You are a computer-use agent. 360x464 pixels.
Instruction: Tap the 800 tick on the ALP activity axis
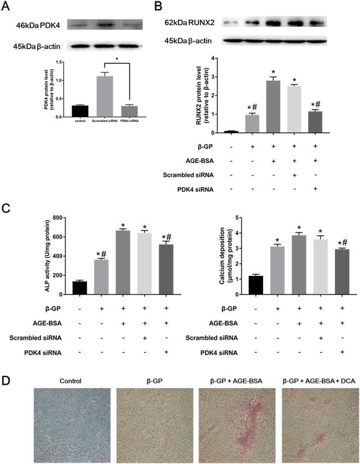click(x=56, y=218)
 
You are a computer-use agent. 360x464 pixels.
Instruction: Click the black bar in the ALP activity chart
click(x=80, y=288)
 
